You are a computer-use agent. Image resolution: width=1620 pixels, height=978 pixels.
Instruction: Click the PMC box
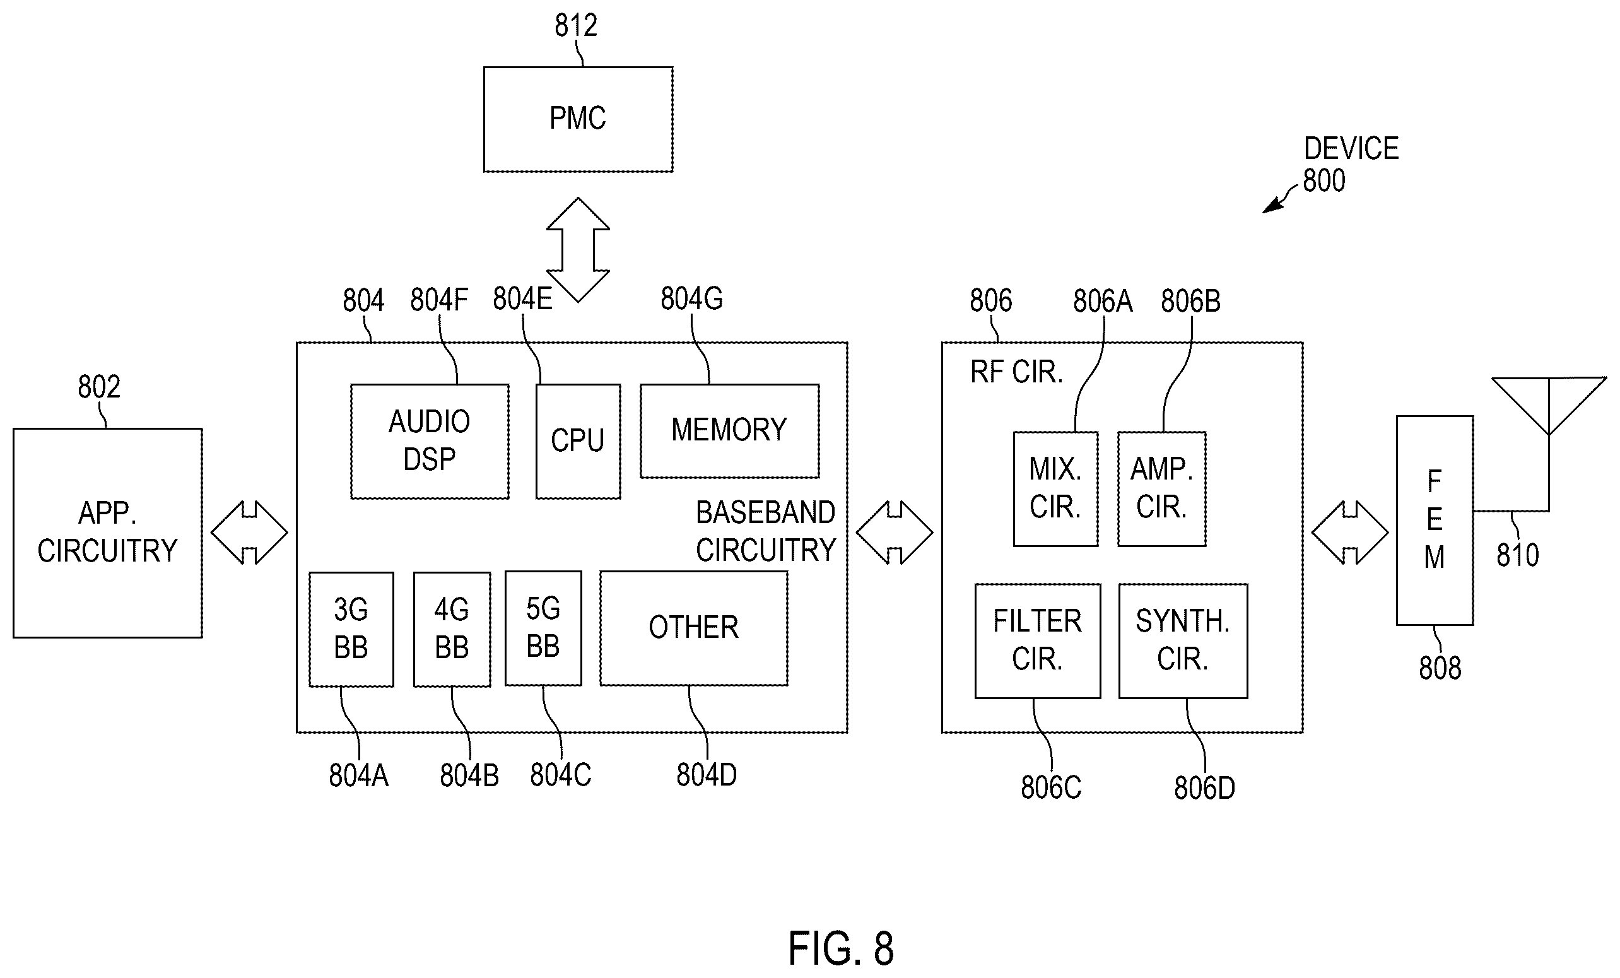click(578, 119)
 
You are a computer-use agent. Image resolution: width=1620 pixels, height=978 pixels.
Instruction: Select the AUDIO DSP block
click(430, 441)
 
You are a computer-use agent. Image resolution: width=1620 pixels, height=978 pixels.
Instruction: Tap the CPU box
click(578, 441)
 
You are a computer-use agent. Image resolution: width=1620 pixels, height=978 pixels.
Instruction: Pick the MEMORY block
click(730, 431)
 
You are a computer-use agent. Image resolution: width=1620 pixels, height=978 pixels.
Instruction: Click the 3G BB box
click(351, 630)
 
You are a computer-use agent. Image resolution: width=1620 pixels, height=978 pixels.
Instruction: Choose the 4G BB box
click(452, 630)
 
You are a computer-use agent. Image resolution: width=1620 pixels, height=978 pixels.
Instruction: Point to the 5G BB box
click(543, 628)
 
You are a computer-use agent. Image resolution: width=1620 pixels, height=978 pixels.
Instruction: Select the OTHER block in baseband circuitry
click(694, 628)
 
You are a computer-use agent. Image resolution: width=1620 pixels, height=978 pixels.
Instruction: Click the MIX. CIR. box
click(1055, 488)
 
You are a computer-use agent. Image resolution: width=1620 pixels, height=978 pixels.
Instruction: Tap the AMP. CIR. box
click(1162, 488)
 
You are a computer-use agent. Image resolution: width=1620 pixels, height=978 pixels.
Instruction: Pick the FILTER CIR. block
click(1038, 640)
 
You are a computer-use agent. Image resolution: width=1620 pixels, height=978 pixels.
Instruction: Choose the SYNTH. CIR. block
click(1183, 640)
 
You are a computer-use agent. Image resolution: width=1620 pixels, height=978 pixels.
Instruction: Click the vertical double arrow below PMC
click(578, 250)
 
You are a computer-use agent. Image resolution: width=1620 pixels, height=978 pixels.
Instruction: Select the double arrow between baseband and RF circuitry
click(894, 533)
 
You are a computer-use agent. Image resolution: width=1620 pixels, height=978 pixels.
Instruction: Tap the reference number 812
click(576, 26)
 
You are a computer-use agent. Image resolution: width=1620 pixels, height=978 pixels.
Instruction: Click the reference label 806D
click(1204, 788)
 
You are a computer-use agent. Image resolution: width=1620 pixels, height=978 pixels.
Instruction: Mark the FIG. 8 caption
click(841, 948)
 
